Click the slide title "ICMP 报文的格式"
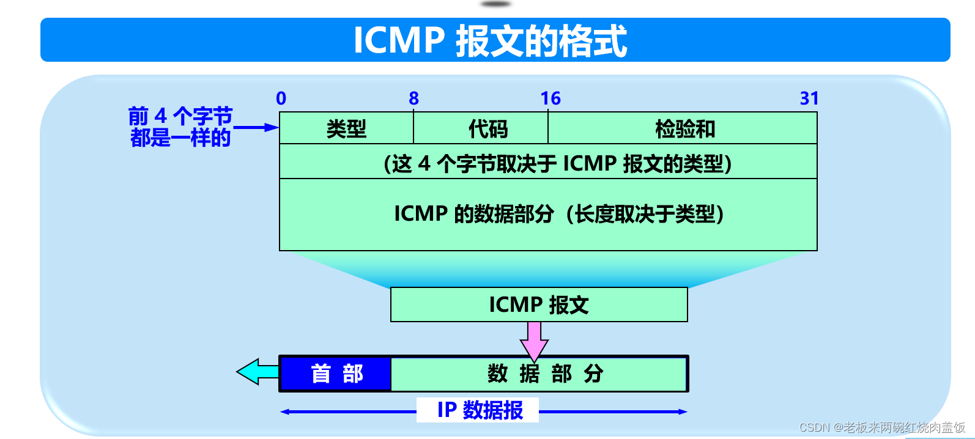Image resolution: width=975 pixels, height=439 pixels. tap(491, 40)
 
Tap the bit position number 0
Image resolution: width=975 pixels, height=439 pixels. tap(281, 98)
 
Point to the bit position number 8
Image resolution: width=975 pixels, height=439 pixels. tap(414, 98)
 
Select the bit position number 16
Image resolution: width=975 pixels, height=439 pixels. tap(551, 98)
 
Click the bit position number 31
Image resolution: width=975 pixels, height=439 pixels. tap(809, 98)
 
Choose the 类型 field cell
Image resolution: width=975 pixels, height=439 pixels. tap(346, 129)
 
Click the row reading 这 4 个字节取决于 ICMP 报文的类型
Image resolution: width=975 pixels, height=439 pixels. tap(557, 163)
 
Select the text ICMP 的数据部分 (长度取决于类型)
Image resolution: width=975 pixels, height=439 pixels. tap(558, 214)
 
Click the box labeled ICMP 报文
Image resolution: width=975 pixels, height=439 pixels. tap(539, 304)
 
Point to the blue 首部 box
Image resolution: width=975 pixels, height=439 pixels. tap(336, 374)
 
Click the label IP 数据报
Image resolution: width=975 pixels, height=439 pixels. tap(480, 410)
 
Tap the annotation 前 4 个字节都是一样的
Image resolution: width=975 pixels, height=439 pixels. tap(180, 127)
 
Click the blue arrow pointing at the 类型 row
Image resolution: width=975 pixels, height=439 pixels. tap(257, 127)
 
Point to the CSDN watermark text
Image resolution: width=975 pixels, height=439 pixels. tap(881, 427)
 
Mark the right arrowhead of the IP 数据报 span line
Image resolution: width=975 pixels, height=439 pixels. tap(683, 411)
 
